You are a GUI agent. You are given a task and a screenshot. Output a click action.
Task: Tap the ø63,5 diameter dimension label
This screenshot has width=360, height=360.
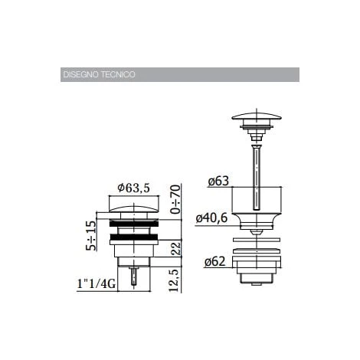tap(133, 188)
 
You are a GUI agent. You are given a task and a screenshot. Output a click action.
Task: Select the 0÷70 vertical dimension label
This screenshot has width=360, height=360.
tap(176, 199)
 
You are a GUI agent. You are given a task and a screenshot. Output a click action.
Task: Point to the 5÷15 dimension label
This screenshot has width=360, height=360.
tap(91, 235)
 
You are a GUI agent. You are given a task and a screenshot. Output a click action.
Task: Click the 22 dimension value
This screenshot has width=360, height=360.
tap(175, 248)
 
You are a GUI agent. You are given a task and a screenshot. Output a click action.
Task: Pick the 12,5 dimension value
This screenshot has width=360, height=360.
tap(175, 280)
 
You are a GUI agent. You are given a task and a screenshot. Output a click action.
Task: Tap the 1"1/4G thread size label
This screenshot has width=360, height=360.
tap(97, 284)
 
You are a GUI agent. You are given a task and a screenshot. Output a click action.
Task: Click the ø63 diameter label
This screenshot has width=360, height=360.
tap(218, 181)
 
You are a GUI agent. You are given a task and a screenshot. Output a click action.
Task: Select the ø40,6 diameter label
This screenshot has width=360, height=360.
tap(211, 218)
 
